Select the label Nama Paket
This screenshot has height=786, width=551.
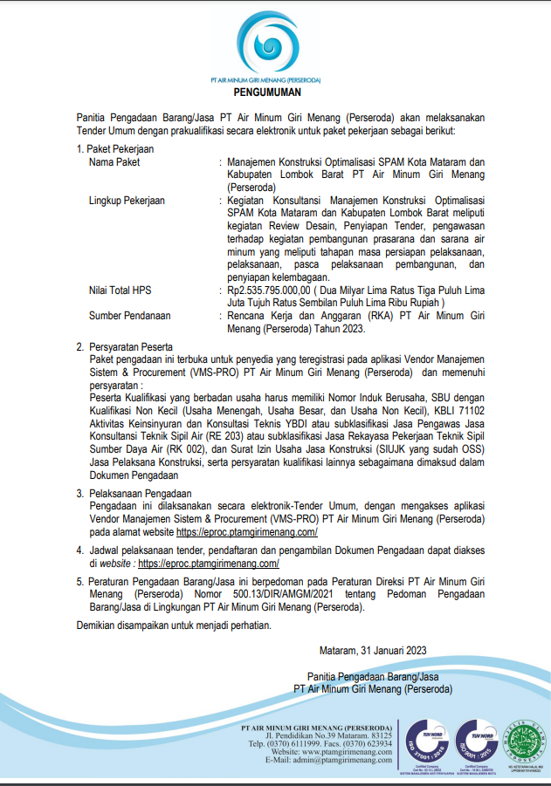(114, 162)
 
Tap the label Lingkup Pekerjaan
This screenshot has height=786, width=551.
(127, 200)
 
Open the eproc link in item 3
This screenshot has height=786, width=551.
(246, 531)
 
